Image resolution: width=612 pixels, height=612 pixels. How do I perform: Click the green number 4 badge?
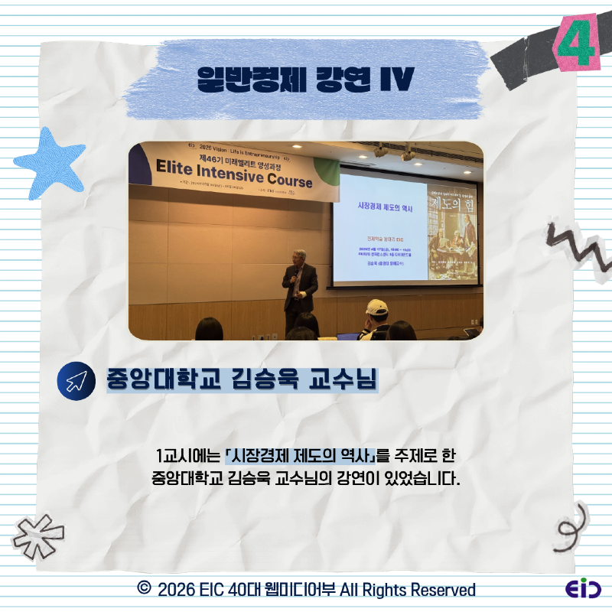[x=575, y=44]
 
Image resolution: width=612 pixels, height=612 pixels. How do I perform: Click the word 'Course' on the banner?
[x=285, y=180]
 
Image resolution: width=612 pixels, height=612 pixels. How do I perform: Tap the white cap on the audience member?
[x=376, y=308]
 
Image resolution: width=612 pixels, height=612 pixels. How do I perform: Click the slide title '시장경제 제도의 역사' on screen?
[x=382, y=206]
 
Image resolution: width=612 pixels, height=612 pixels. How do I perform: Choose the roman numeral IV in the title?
[x=397, y=78]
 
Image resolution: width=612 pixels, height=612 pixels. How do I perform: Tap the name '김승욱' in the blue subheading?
[x=263, y=380]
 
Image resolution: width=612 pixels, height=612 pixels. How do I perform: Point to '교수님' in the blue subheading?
[x=340, y=380]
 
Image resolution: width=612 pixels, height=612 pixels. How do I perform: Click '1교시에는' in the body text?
[x=187, y=456]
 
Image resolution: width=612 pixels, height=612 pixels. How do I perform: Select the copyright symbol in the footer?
[x=143, y=589]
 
